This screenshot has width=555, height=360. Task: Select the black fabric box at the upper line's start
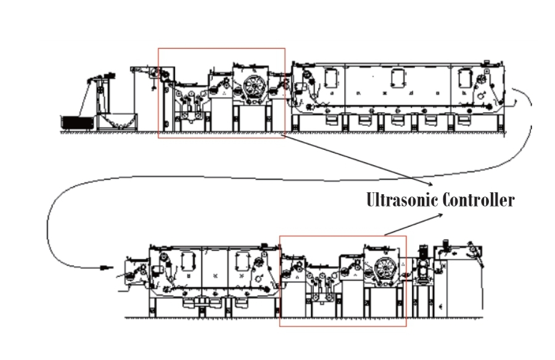tap(78, 123)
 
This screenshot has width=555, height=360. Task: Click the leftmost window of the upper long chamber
tap(330, 78)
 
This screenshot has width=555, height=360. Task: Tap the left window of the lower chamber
tap(187, 261)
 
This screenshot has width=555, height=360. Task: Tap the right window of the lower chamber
tap(240, 261)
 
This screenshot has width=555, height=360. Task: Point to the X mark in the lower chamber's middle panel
tap(214, 273)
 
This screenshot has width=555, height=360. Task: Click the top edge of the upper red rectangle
tap(221, 48)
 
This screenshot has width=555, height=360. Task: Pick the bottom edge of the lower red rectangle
tap(343, 326)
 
